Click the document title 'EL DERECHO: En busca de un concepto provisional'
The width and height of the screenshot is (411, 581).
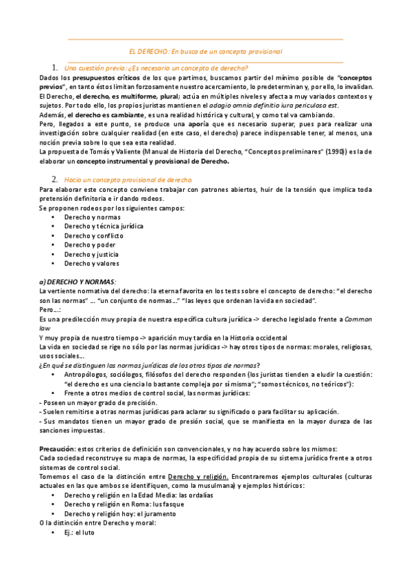pos(206,51)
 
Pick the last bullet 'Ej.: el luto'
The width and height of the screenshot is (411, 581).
pos(79,532)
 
